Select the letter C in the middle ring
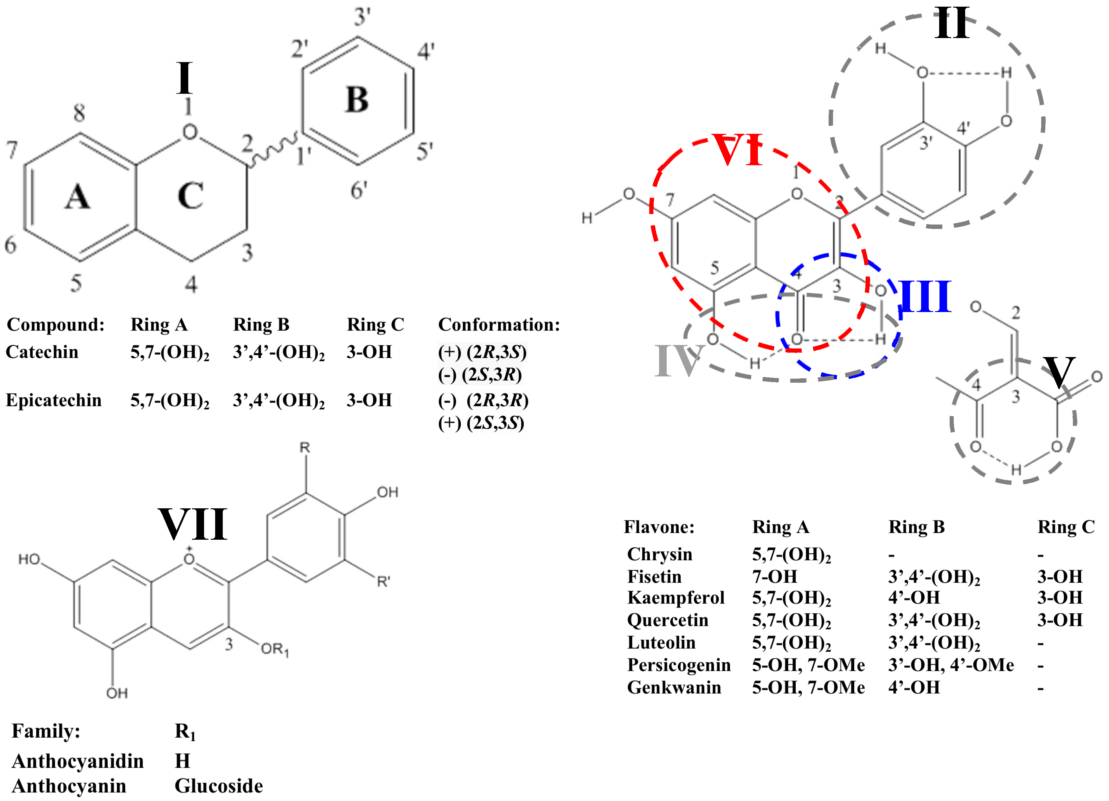(x=190, y=196)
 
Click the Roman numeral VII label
(x=193, y=524)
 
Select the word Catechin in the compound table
(x=42, y=352)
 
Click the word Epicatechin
(x=54, y=400)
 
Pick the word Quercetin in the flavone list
(x=667, y=620)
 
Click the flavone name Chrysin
(x=660, y=554)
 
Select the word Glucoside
(x=219, y=786)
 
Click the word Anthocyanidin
(x=78, y=761)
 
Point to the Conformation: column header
(x=499, y=324)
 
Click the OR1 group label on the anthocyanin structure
(x=275, y=649)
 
